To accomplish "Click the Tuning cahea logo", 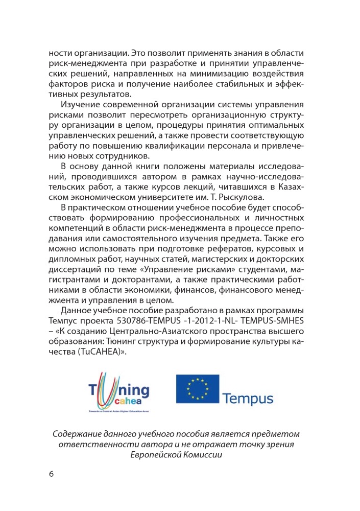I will pos(119,391).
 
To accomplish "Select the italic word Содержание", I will pos(79,434).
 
